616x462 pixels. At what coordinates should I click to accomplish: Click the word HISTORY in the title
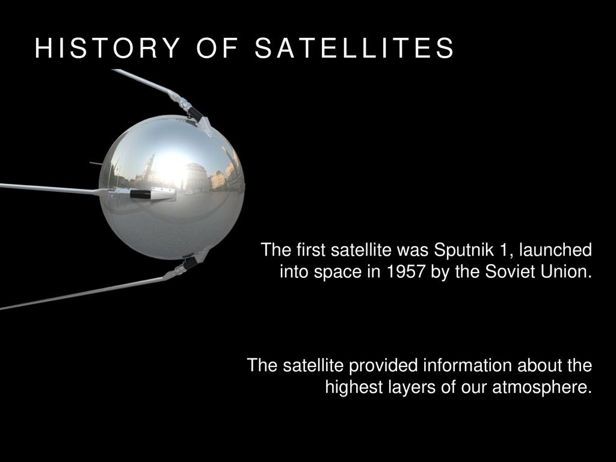[107, 48]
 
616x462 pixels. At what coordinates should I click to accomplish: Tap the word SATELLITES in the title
[354, 48]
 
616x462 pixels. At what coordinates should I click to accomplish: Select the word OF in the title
[217, 48]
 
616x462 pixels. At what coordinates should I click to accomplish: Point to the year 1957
[406, 271]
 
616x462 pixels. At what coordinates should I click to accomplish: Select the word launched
[555, 250]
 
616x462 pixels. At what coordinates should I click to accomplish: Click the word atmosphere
[542, 387]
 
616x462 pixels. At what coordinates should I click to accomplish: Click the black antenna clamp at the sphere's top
[195, 114]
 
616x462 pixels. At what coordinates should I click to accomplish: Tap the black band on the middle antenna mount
[140, 194]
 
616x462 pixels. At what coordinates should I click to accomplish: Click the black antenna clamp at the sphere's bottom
[190, 262]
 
